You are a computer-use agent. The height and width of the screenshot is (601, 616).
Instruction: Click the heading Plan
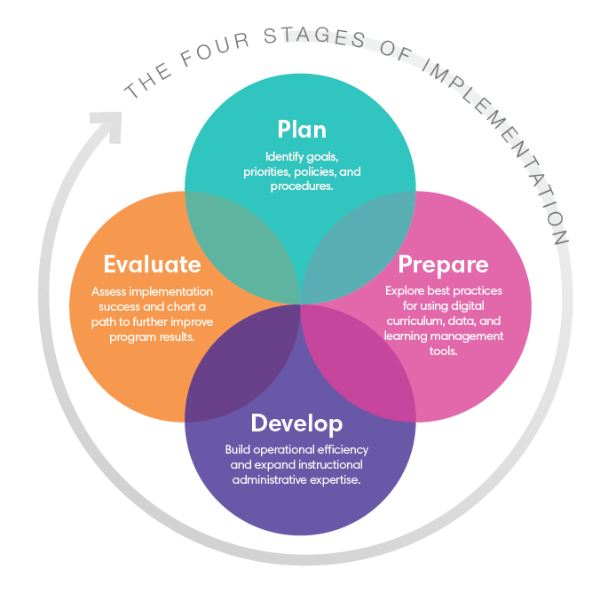pyautogui.click(x=301, y=130)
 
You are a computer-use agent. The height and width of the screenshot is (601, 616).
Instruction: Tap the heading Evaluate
pyautogui.click(x=152, y=265)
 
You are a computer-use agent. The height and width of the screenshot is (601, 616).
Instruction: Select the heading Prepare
pyautogui.click(x=443, y=265)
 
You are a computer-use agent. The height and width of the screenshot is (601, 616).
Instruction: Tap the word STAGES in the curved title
pyautogui.click(x=301, y=37)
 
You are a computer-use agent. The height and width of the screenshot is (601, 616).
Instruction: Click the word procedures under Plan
pyautogui.click(x=302, y=186)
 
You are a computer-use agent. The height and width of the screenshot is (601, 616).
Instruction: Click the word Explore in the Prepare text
pyautogui.click(x=406, y=291)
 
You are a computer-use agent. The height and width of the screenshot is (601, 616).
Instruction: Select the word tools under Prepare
pyautogui.click(x=442, y=352)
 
